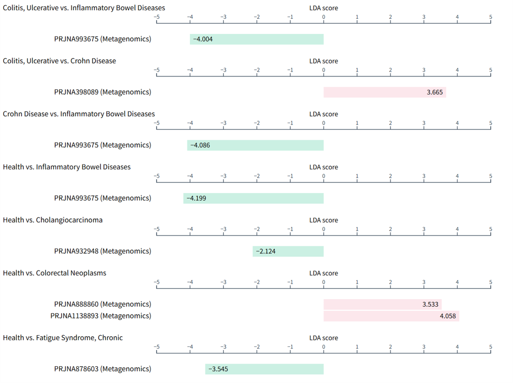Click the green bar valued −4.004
tap(256, 39)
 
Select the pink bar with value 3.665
tap(384, 93)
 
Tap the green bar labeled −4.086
tap(255, 145)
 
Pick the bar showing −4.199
tap(253, 198)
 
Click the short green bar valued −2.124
tap(288, 251)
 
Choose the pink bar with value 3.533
tap(382, 304)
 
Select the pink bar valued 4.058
tap(391, 316)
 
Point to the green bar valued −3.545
tap(265, 369)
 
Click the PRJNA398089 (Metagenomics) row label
tap(103, 92)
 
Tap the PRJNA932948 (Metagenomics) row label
tap(103, 251)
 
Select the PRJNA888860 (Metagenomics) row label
tap(103, 304)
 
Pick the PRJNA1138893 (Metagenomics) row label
tap(101, 316)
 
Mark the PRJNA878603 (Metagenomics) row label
tap(103, 369)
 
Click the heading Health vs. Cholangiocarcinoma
tap(53, 220)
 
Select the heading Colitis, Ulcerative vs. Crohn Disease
tap(59, 61)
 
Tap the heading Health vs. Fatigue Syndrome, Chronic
tap(62, 338)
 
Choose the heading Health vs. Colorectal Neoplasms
tap(54, 273)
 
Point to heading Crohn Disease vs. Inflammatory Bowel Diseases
tap(79, 114)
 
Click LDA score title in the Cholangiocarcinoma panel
tap(324, 220)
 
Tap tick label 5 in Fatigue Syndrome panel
tap(490, 347)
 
